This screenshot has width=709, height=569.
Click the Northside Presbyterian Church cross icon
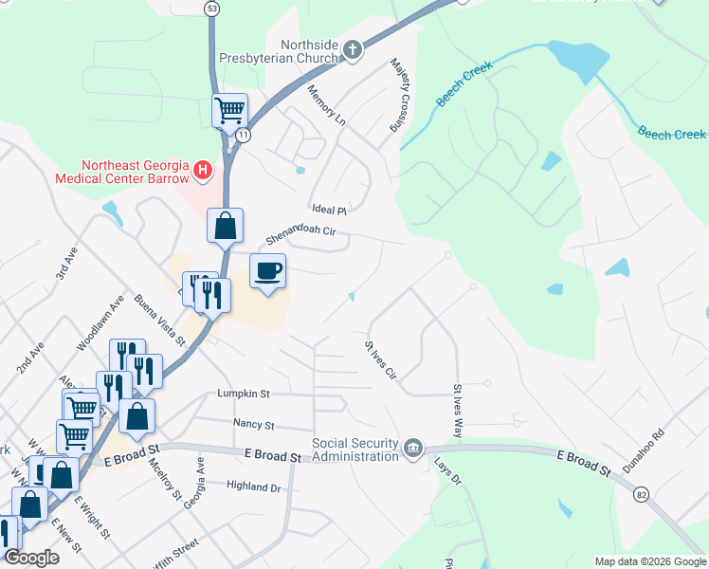pos(353,49)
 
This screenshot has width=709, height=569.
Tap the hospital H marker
pos(201,171)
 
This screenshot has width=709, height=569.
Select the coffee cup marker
pos(267,271)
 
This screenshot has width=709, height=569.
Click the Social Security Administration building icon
pos(412,447)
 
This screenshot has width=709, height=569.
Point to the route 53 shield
pos(211,8)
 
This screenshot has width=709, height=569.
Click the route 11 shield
pos(244,136)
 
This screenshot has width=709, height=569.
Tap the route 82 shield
pos(642,494)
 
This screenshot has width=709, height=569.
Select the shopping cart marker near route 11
pos(229,110)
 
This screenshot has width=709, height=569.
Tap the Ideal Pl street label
pos(330,210)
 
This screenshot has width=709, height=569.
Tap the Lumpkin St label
pos(244,392)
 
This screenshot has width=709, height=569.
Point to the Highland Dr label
pos(254,487)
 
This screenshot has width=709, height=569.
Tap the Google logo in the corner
pos(31,558)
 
